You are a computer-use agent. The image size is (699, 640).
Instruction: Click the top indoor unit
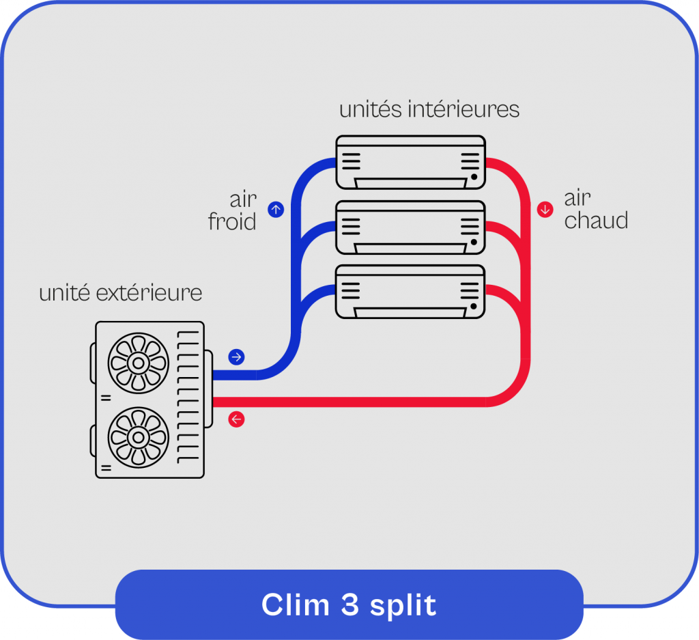tap(410, 162)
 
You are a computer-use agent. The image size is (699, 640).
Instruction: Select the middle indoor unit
tap(410, 227)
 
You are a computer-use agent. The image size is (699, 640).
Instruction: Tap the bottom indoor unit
tap(410, 292)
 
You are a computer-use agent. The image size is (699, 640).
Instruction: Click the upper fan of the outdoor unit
tap(139, 363)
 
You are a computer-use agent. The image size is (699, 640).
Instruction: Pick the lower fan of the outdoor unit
tap(139, 436)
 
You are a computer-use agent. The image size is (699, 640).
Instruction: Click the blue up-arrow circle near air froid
tap(276, 210)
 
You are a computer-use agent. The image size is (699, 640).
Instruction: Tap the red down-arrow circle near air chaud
tap(545, 210)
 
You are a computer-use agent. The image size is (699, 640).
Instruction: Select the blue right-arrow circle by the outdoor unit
tap(236, 357)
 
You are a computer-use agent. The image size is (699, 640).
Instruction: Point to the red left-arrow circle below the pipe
tap(236, 419)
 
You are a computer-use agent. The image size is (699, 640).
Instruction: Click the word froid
tap(232, 222)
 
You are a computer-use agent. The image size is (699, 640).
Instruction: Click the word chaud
tap(596, 221)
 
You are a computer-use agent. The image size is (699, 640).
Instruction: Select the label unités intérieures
tap(429, 109)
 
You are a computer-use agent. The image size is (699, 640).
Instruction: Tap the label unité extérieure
tap(121, 293)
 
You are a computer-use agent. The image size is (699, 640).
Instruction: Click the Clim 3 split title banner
tap(349, 605)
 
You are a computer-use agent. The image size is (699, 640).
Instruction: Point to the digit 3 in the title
tap(343, 605)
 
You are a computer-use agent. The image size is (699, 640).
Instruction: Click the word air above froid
tap(243, 199)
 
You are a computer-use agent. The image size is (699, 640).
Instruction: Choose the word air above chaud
tap(577, 198)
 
